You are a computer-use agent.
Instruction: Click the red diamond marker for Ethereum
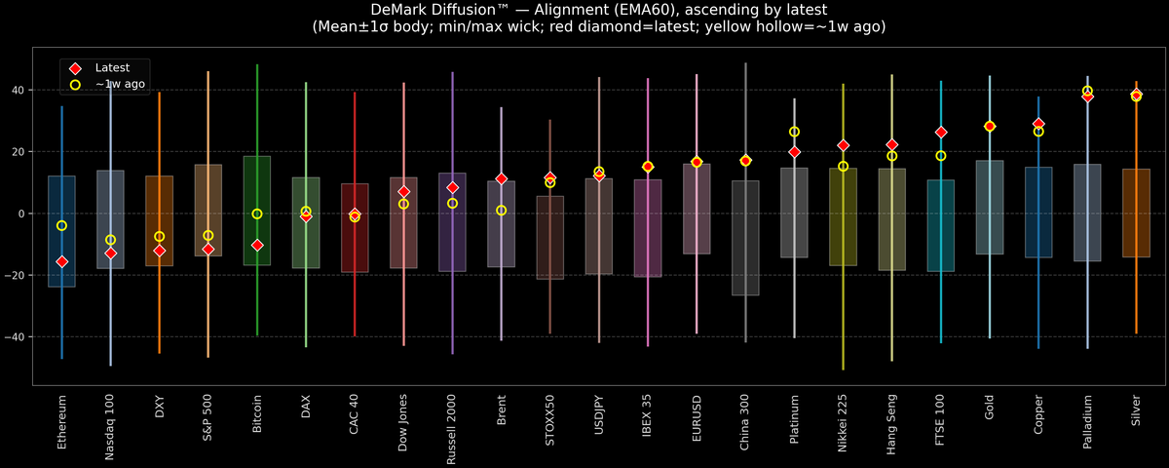point(62,261)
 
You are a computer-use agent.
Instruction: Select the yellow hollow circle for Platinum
point(794,132)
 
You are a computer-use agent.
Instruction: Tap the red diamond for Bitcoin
point(257,245)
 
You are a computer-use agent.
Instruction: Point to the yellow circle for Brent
point(501,210)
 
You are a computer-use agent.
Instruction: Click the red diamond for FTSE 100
point(941,132)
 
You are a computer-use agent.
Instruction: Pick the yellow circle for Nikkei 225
point(843,166)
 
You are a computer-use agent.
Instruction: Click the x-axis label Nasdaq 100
point(111,426)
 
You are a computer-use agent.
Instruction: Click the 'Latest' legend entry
point(110,67)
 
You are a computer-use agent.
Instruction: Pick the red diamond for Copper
point(1038,124)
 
